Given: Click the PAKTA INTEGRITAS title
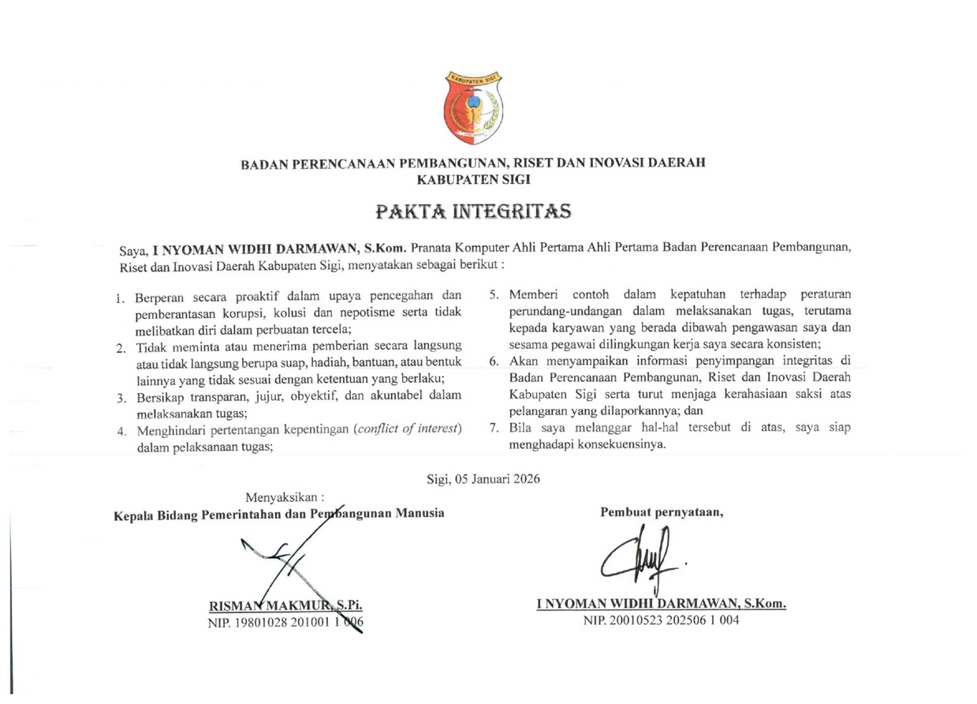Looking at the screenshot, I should click(x=472, y=212).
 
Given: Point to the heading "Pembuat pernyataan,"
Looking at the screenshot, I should click(x=662, y=512).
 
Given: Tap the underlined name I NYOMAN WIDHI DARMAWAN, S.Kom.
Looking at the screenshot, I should click(x=661, y=604).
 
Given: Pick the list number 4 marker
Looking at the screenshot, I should click(x=121, y=432).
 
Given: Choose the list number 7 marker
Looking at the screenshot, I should click(x=494, y=429).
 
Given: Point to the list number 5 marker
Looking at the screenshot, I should click(x=494, y=295).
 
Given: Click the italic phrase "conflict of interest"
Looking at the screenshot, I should click(x=408, y=429).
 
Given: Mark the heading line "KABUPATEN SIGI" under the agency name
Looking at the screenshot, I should click(x=472, y=178).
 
